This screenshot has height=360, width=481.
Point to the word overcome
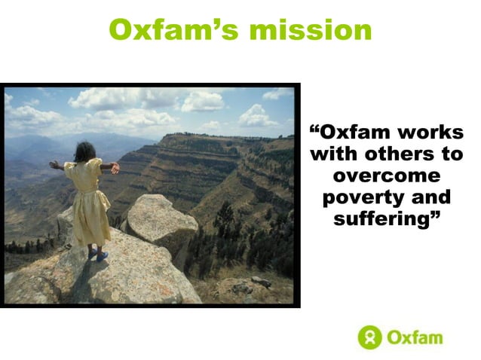pos(386,176)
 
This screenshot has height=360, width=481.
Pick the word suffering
pos(381,220)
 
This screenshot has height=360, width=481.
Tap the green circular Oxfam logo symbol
pos(369,337)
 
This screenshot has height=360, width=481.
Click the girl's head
pos(84,151)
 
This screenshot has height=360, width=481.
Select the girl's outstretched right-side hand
pos(115,168)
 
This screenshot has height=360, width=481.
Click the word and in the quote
pos(433,198)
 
